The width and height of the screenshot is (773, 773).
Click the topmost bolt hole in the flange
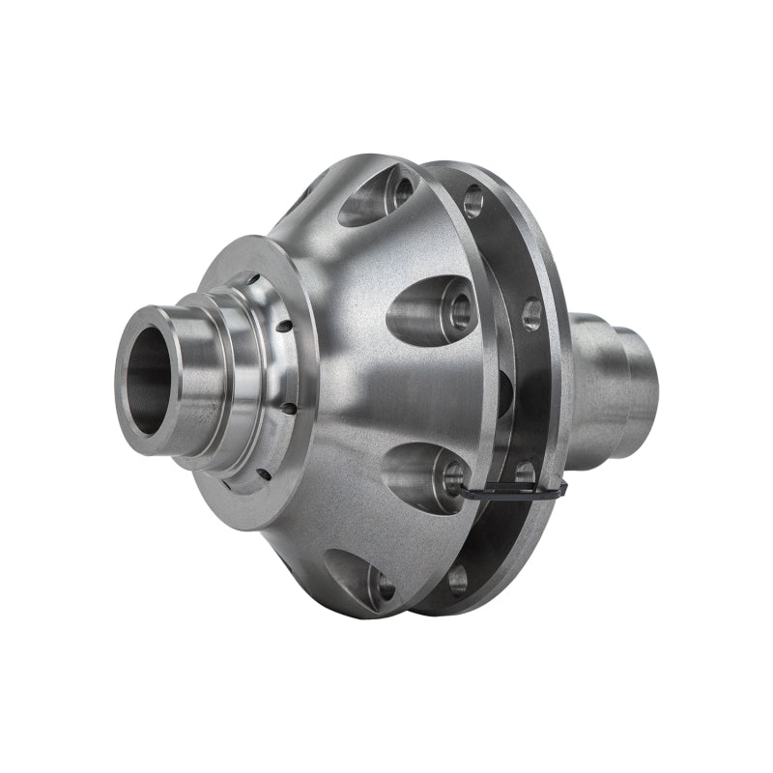click(x=472, y=201)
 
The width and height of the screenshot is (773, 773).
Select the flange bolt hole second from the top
click(x=531, y=314)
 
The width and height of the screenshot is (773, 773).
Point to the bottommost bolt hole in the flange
click(x=458, y=581)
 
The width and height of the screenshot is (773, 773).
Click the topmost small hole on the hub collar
click(x=253, y=280)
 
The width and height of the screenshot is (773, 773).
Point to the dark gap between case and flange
click(x=502, y=386)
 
